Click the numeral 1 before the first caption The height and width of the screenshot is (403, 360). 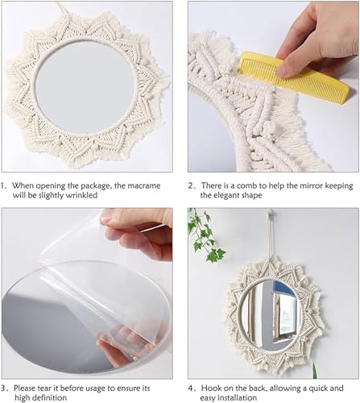click(x=5, y=185)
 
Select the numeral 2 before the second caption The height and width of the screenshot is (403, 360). click(x=192, y=185)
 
